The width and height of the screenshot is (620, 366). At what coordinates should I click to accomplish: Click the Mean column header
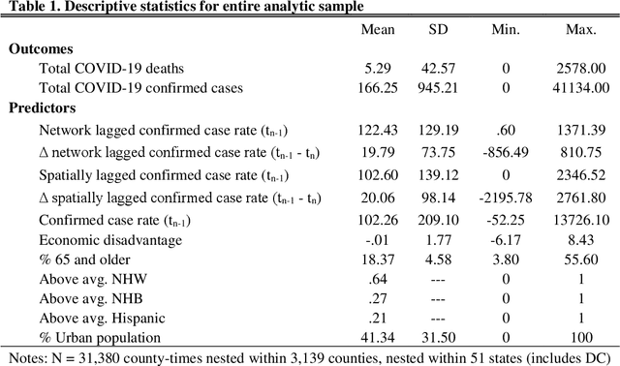[379, 29]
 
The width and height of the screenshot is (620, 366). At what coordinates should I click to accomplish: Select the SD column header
[440, 29]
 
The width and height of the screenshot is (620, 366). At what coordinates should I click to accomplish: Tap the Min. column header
[507, 29]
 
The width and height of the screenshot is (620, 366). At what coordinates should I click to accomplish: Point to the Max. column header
[584, 29]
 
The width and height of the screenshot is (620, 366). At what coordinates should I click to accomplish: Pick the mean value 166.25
[379, 88]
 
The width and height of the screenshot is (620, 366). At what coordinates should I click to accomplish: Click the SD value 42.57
[441, 68]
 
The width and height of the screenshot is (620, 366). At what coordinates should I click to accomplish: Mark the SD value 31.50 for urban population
[441, 335]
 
